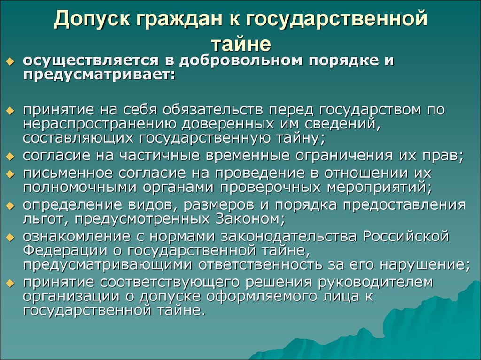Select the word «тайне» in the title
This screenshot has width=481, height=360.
coord(241,44)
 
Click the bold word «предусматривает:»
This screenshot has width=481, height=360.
coord(99,75)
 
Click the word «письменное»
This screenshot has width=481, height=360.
coord(68,173)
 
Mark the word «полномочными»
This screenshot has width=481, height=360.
coord(79,187)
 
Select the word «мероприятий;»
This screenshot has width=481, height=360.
coord(379,187)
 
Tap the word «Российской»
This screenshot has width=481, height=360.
coord(406,236)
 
